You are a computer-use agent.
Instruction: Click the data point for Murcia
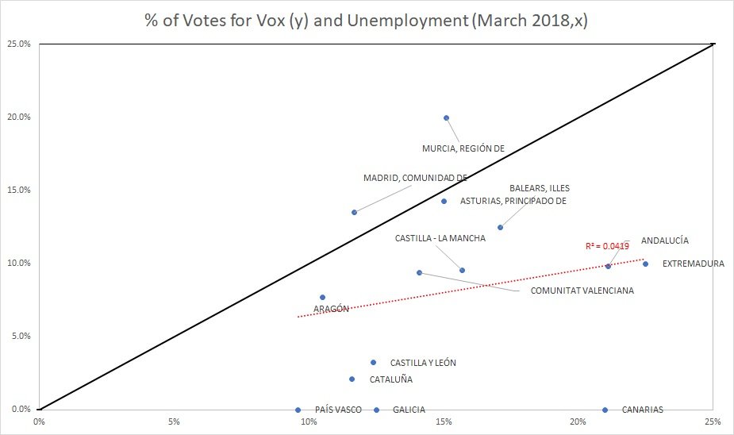(446, 117)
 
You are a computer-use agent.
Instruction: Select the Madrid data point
(354, 212)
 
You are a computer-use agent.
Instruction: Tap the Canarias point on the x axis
(605, 410)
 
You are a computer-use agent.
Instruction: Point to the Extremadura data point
(645, 264)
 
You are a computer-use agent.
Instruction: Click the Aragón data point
(322, 297)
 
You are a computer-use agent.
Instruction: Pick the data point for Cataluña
(352, 379)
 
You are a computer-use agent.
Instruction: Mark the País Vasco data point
(298, 410)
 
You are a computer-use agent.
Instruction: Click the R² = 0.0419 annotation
(607, 247)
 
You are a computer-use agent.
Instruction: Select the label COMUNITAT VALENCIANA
(582, 291)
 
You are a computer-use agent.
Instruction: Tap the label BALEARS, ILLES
(540, 189)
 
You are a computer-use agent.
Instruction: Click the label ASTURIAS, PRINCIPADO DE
(513, 201)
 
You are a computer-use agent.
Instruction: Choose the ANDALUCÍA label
(664, 240)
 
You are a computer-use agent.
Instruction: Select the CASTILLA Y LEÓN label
(423, 363)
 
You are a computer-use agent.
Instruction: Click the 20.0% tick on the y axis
(19, 117)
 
